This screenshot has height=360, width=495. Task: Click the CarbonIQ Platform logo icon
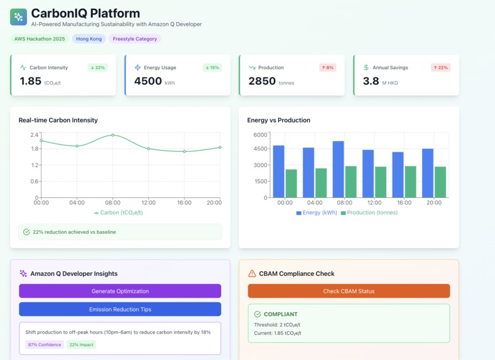coord(18,17)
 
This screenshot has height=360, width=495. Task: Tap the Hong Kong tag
coord(89,39)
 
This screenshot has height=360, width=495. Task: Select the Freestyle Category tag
coord(134,39)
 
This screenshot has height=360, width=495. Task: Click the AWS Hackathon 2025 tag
coord(40,39)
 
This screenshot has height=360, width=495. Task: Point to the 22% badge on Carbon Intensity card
coord(97,67)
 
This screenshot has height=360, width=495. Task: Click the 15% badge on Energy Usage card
coord(212,67)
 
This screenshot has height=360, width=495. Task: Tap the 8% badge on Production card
coord(327,67)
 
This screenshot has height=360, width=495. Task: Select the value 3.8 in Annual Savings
coord(371,81)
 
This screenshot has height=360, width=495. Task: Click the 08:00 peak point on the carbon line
coord(112,135)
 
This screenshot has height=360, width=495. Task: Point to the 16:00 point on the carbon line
coord(184,151)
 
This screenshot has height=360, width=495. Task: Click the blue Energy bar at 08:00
coord(338,169)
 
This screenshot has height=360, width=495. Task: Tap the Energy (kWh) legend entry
coord(317,213)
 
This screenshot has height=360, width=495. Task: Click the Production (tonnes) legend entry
coord(369,213)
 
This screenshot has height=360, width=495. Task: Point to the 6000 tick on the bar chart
coord(260,135)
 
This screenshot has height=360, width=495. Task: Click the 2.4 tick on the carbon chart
coord(35,135)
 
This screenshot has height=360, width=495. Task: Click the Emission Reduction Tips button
coord(120,309)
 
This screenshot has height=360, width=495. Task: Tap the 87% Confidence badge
coord(44,345)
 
